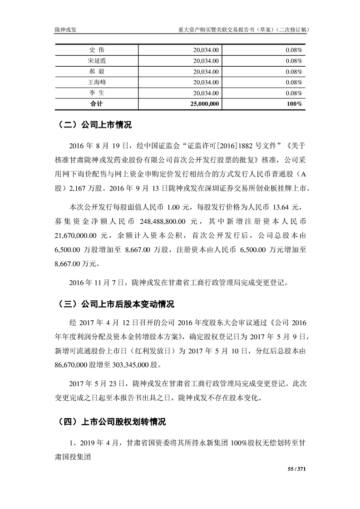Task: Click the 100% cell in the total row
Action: coord(295,104)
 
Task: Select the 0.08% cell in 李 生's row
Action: coord(294,93)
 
